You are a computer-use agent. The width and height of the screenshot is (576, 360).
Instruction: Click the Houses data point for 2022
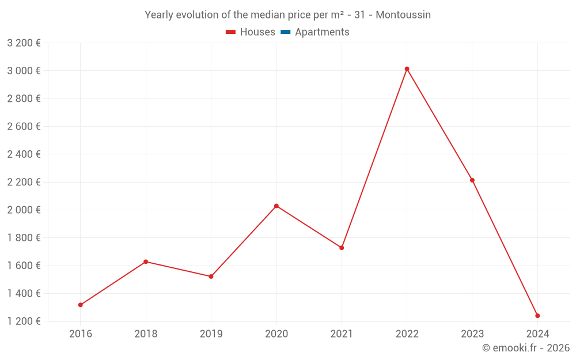(x=407, y=69)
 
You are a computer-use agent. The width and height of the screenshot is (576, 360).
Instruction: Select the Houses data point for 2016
(x=80, y=305)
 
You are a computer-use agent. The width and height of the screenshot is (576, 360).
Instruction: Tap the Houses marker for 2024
(x=537, y=316)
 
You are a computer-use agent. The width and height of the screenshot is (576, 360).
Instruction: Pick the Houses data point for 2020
(x=276, y=206)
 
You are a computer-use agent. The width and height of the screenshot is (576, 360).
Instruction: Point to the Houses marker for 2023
(x=472, y=180)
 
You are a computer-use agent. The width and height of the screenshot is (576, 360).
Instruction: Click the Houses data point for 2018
(x=146, y=262)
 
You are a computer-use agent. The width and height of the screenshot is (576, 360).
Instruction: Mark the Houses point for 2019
(x=211, y=276)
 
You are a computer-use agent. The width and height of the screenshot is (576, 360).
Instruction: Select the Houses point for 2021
(x=342, y=248)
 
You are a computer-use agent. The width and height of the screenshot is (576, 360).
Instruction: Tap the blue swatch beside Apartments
(x=285, y=32)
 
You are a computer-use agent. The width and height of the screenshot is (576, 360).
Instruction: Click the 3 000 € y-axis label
(x=24, y=71)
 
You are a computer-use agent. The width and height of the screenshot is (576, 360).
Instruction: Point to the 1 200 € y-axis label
(x=24, y=321)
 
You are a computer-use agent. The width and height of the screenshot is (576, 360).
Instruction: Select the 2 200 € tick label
(x=24, y=182)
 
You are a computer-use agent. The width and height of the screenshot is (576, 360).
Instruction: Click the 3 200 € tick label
(x=24, y=43)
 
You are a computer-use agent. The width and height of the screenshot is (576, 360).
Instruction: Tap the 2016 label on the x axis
(x=80, y=334)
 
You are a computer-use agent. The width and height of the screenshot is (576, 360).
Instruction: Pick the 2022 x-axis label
(x=407, y=334)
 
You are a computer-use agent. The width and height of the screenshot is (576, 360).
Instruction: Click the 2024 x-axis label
(x=537, y=334)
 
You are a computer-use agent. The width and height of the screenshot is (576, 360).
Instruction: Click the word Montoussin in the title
(x=403, y=15)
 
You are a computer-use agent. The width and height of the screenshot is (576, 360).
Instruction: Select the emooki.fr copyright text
(x=526, y=348)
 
